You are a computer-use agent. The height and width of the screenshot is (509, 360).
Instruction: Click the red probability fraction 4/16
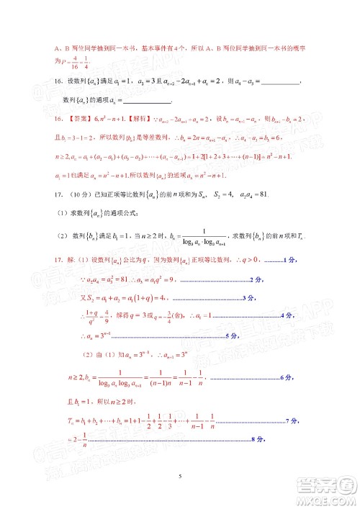pos(86,61)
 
